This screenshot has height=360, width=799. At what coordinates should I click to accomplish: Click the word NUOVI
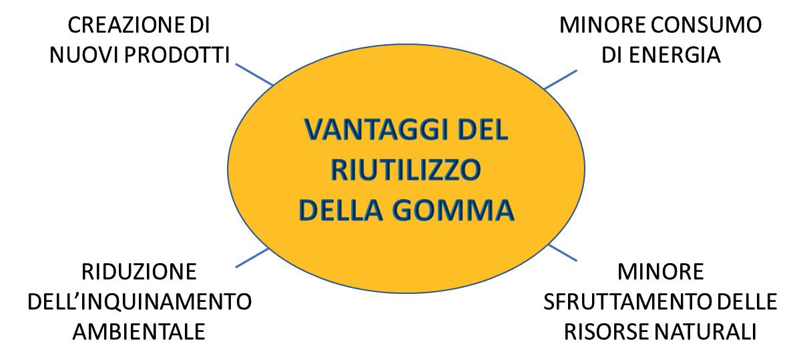click(x=77, y=55)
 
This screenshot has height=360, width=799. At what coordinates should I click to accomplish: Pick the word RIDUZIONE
click(x=139, y=273)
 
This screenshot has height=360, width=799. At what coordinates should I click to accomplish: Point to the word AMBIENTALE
click(x=139, y=331)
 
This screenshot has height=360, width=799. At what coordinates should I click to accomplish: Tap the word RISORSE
click(x=610, y=331)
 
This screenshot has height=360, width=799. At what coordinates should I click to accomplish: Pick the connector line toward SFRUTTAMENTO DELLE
click(x=563, y=252)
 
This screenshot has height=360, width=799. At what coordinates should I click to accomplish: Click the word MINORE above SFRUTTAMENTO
click(x=660, y=273)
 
